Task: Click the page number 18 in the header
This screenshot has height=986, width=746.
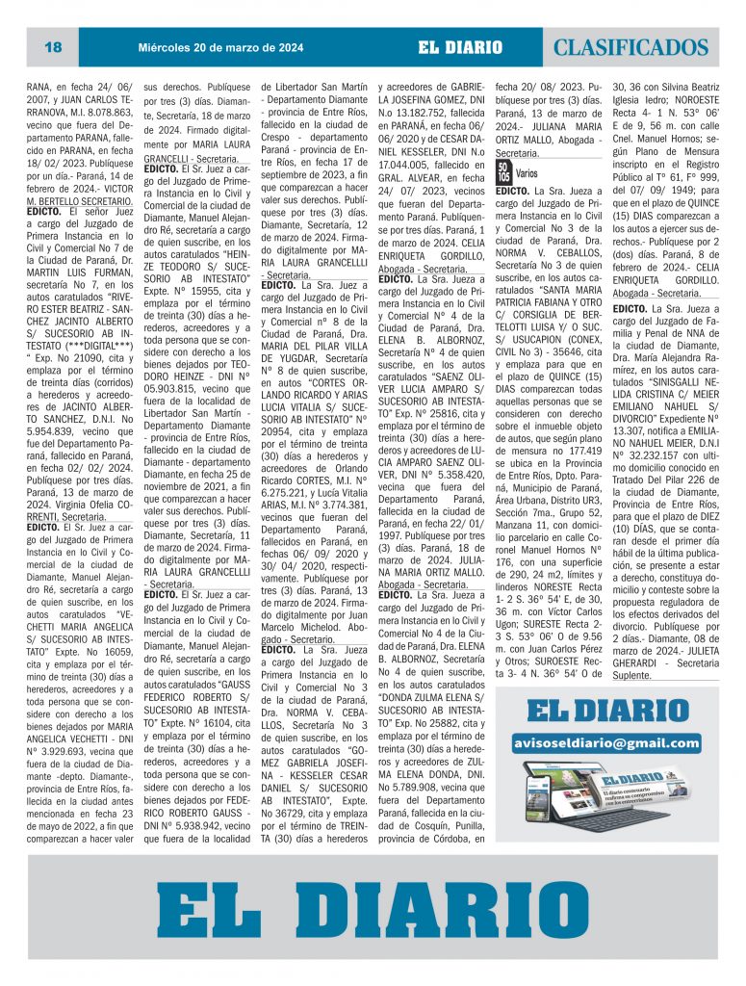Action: point(53,47)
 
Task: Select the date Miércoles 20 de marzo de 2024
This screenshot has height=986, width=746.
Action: point(220,47)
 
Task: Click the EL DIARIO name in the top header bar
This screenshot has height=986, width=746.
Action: point(460,47)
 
